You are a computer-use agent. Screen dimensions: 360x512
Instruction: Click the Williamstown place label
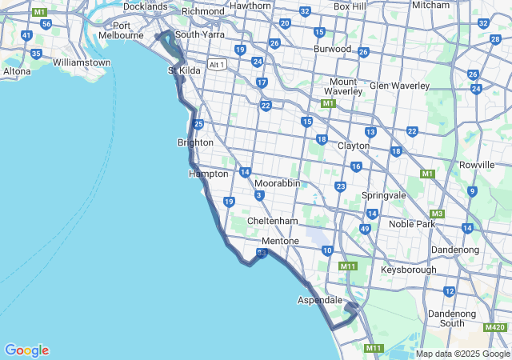point(81,62)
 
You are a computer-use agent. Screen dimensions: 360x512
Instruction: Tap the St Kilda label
point(184,70)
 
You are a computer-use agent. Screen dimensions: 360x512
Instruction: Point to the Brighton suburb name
point(195,142)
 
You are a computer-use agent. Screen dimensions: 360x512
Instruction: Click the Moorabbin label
point(277,183)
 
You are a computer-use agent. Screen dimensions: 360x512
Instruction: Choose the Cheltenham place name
point(272,221)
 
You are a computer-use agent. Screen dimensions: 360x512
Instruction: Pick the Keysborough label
point(409,270)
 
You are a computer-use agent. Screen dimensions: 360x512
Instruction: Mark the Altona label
point(17,71)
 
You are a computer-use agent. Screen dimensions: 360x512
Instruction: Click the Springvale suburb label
point(383,195)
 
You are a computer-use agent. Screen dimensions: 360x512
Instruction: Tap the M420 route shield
point(494,327)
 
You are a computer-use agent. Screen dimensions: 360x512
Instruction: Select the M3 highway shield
point(437,214)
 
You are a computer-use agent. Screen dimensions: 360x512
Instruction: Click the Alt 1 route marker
point(216,64)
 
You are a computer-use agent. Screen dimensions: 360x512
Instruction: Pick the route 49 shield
point(365,229)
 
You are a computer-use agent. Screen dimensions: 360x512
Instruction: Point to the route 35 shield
point(36,54)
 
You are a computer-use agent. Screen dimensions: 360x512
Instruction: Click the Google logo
point(26,350)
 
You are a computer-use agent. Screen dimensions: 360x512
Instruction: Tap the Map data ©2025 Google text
point(462,354)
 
